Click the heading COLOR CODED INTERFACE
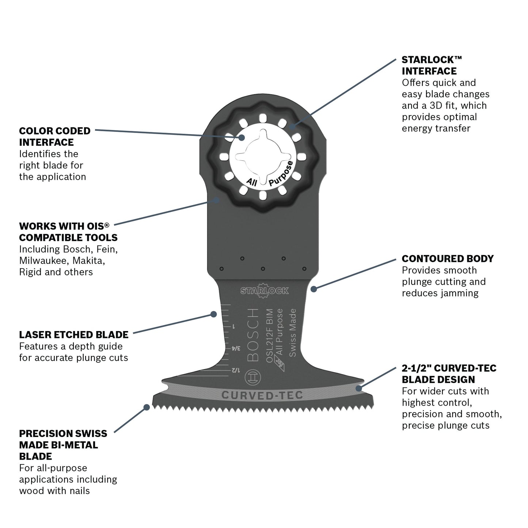[x=54, y=136]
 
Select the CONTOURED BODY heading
[x=448, y=259]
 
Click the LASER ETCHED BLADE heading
[x=73, y=335]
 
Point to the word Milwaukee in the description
[x=42, y=261]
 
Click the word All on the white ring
[x=252, y=181]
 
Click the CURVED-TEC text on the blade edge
[x=262, y=395]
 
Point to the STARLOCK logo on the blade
[x=265, y=290]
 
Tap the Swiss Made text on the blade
[x=292, y=333]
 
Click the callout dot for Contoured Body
[x=313, y=289]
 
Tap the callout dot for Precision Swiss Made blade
[x=146, y=407]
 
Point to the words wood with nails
[x=54, y=490]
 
